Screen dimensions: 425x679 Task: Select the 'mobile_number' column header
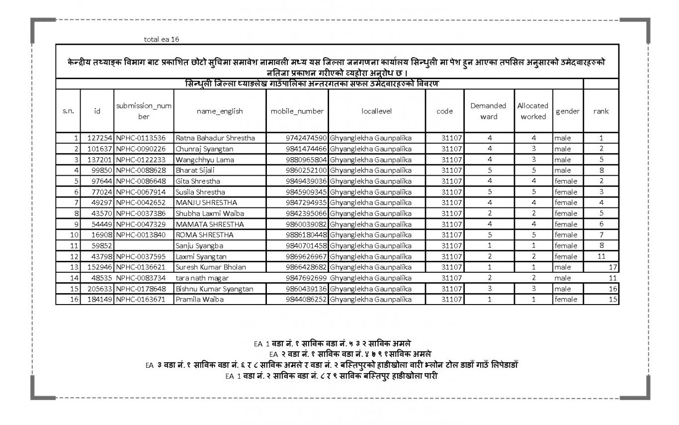click(297, 111)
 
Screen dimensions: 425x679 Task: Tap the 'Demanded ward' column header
click(488, 111)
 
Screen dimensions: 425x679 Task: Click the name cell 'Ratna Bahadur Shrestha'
click(215, 138)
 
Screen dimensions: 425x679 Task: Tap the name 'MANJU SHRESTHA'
click(206, 203)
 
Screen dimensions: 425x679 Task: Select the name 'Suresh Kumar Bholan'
click(210, 267)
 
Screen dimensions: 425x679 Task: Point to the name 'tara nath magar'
click(202, 278)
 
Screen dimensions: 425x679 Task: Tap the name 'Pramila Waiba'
click(199, 299)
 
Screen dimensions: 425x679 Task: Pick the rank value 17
click(612, 267)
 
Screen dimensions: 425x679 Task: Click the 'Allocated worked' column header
click(533, 111)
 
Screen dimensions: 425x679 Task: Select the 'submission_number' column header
click(144, 111)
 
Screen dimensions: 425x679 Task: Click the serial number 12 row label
click(75, 256)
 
